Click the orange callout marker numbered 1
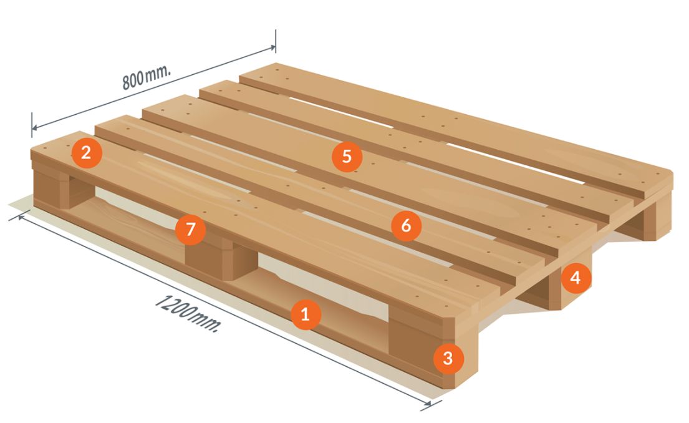[x=305, y=314]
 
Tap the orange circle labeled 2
[x=87, y=153]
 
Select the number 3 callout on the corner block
[x=448, y=358]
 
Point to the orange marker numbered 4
[x=575, y=278]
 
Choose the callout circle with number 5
[x=347, y=156]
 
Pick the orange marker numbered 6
[x=406, y=226]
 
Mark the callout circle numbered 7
[x=190, y=229]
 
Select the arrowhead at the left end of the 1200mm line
[x=21, y=216]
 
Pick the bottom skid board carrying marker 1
[x=246, y=290]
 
